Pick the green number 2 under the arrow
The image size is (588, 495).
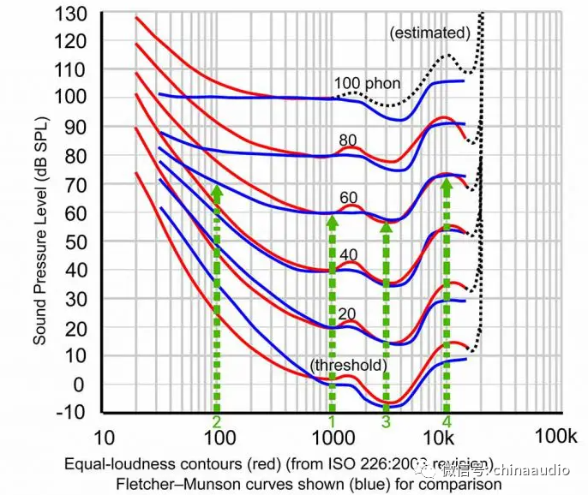point(218,422)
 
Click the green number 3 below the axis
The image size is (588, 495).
point(387,422)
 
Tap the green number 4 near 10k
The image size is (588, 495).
point(447,422)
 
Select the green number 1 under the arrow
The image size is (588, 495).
point(333,422)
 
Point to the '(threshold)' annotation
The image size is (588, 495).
point(349,366)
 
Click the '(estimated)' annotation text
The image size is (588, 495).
point(429,33)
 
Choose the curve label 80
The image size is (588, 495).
point(348,140)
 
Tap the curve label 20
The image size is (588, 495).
point(347,313)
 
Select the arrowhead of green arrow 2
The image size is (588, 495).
point(218,190)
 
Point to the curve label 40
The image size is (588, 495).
point(347,254)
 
